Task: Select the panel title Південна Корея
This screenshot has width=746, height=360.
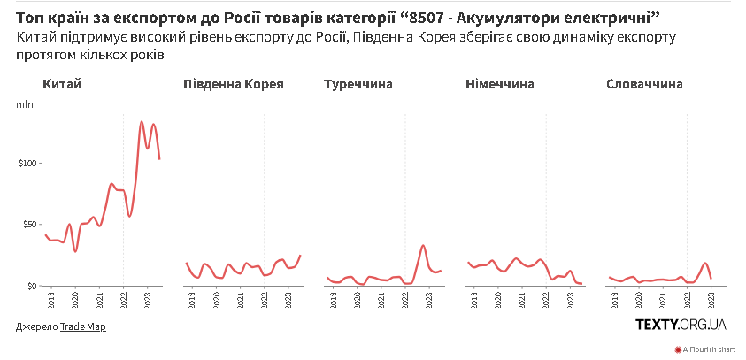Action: pyautogui.click(x=233, y=85)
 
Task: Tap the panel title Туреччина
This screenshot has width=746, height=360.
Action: pyautogui.click(x=358, y=85)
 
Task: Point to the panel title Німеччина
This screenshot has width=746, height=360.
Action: pyautogui.click(x=500, y=85)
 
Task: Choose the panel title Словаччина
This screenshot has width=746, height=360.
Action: pyautogui.click(x=645, y=85)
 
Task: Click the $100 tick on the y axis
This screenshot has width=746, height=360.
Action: pyautogui.click(x=26, y=164)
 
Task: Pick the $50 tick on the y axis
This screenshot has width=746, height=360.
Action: pyautogui.click(x=27, y=225)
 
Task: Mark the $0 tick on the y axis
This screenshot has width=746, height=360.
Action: pyautogui.click(x=30, y=286)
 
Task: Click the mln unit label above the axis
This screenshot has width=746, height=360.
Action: pyautogui.click(x=24, y=105)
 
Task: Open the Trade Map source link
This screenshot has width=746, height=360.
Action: pyautogui.click(x=82, y=326)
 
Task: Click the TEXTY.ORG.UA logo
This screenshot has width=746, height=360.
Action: pyautogui.click(x=681, y=326)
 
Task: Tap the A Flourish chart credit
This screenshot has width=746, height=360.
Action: pyautogui.click(x=709, y=349)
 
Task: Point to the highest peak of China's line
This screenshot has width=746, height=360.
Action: pyautogui.click(x=142, y=122)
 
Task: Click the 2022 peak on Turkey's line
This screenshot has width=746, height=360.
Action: pyautogui.click(x=424, y=245)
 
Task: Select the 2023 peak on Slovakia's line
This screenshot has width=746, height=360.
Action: pyautogui.click(x=705, y=263)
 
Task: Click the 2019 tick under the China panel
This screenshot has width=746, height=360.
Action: pyautogui.click(x=51, y=299)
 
